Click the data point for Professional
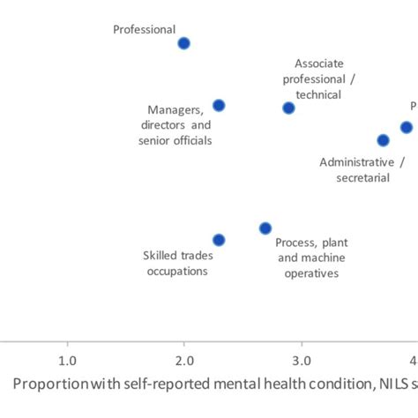[x=183, y=43]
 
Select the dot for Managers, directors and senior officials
[x=219, y=106]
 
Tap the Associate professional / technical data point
[x=288, y=108]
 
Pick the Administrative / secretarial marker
[x=383, y=140]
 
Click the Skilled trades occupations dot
[x=219, y=240]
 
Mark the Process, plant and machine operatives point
[x=265, y=228]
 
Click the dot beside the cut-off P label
[x=406, y=127]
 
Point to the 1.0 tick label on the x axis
[x=66, y=361]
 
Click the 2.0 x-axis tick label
[x=183, y=361]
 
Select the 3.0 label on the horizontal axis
[x=302, y=361]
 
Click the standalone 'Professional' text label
[x=144, y=29]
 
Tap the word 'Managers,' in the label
[x=176, y=109]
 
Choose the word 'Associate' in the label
[x=319, y=63]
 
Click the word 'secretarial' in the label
[x=362, y=178]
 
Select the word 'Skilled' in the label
[x=160, y=256]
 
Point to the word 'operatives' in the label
[x=311, y=274]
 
